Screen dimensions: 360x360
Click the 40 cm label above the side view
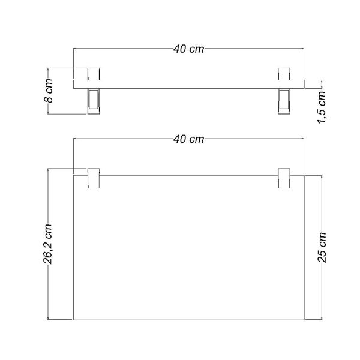click(188, 49)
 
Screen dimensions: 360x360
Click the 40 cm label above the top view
click(188, 139)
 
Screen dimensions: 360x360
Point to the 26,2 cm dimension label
click(49, 244)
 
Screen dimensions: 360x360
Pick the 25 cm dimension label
click(322, 247)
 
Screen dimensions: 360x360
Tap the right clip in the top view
click(284, 179)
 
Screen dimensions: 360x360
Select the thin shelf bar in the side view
click(188, 83)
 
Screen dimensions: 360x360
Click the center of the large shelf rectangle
click(188, 247)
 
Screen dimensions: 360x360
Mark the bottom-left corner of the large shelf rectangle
click(73, 320)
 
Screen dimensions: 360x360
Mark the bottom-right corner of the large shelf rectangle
click(305, 320)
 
